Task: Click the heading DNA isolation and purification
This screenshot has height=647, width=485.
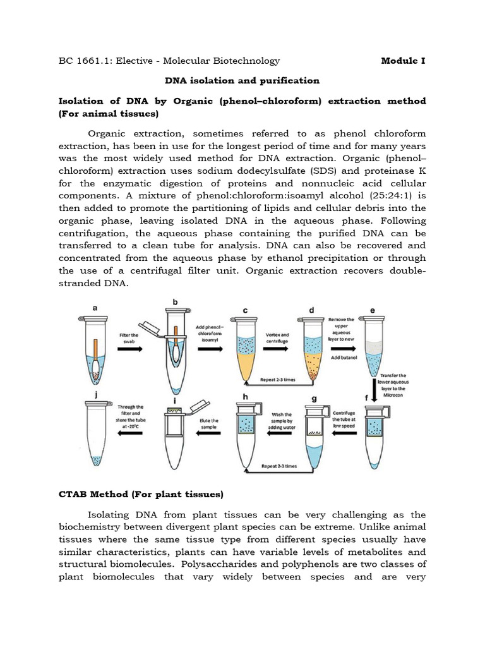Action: tap(242, 81)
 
